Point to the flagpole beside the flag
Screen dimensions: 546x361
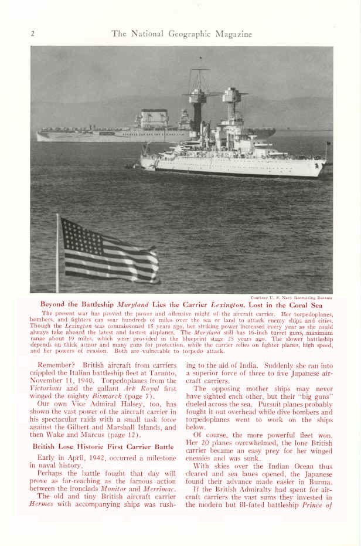(x=57, y=252)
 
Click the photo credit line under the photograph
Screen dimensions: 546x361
(x=291, y=297)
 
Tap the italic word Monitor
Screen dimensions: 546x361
(x=114, y=487)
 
